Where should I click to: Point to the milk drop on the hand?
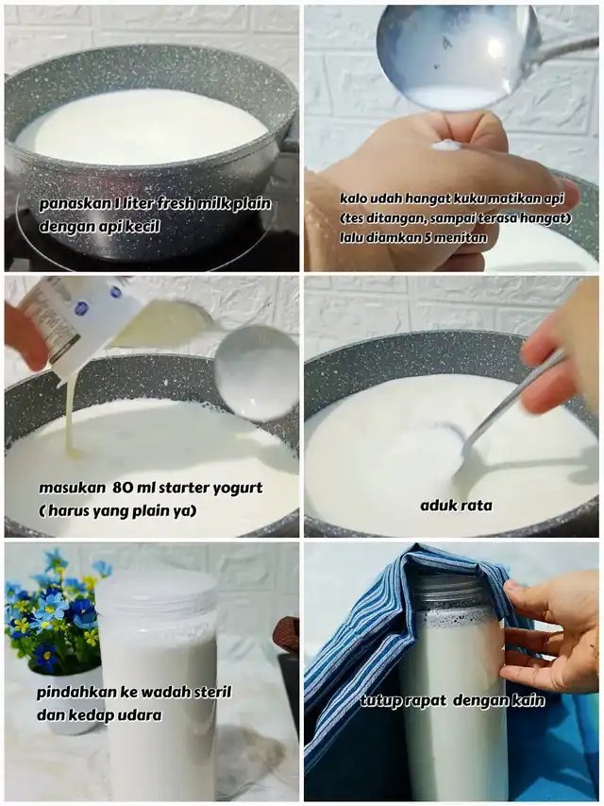tap(445, 146)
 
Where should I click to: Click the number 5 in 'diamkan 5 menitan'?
tap(428, 237)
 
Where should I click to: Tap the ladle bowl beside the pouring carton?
tap(257, 372)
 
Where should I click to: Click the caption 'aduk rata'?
tap(456, 506)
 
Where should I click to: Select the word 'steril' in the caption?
tap(211, 692)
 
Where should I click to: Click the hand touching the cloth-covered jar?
tap(549, 633)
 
